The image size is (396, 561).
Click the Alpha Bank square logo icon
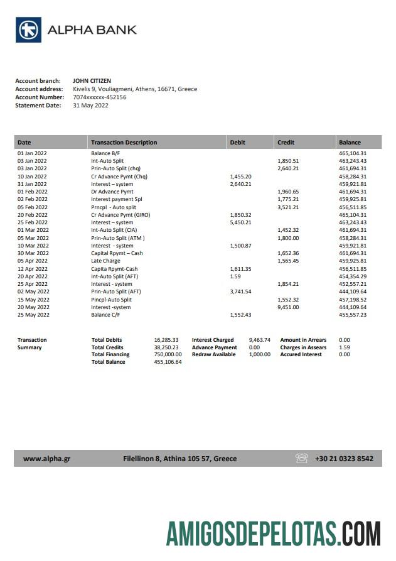tap(29, 30)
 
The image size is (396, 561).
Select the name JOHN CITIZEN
tap(92, 80)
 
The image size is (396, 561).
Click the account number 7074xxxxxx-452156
tap(99, 97)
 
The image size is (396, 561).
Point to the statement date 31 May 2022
tap(90, 106)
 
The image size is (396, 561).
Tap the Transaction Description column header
tap(124, 143)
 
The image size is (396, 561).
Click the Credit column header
tap(286, 143)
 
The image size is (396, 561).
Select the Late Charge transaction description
tap(105, 261)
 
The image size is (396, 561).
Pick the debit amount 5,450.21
tap(240, 222)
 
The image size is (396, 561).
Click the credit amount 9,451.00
tap(288, 307)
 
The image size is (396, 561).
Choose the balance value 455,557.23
tap(352, 315)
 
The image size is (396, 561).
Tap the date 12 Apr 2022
tap(32, 269)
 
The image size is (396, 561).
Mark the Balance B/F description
tap(105, 153)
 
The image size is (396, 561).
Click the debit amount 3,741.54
tap(240, 291)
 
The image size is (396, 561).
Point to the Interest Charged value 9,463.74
tap(259, 340)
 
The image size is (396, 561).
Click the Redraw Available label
tap(213, 354)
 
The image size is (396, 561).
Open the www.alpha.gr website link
tap(46, 459)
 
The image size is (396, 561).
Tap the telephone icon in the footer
tap(301, 459)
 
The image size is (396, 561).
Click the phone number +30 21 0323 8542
tap(344, 459)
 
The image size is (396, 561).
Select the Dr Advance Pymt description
tap(112, 192)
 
